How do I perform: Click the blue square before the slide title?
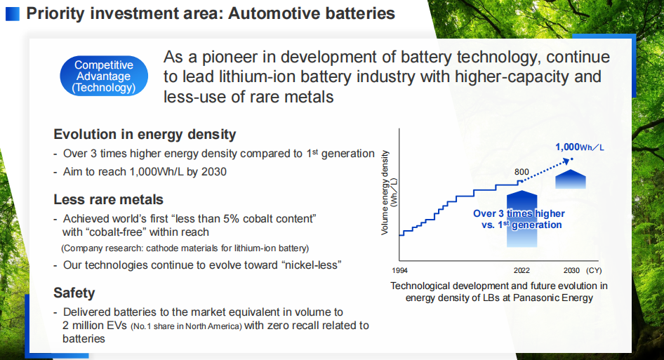13,13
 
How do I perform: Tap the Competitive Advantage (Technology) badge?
104,76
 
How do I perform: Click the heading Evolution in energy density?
145,134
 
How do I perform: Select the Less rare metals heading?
108,199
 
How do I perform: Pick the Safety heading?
74,293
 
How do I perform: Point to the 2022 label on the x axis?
522,270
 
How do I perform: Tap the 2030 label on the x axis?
572,270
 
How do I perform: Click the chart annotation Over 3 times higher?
519,213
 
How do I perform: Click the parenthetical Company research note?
185,248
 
